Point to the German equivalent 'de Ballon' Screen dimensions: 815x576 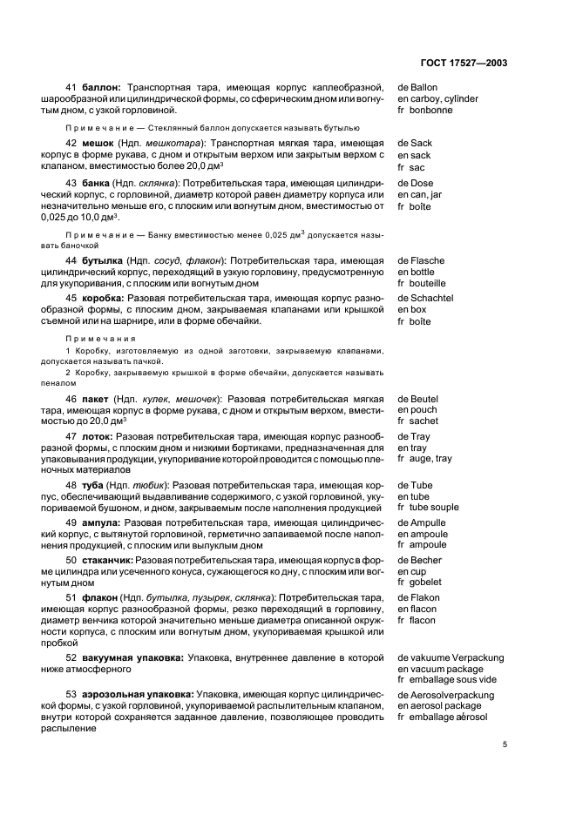tap(417, 87)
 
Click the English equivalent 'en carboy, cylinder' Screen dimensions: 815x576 tap(437, 98)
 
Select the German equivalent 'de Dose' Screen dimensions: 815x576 tap(415, 184)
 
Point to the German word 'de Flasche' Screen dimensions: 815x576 tap(421, 260)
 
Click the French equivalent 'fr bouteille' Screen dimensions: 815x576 tap(422, 283)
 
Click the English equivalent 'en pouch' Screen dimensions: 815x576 tap(419, 409)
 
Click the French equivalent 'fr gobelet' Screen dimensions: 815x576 tap(422, 583)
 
